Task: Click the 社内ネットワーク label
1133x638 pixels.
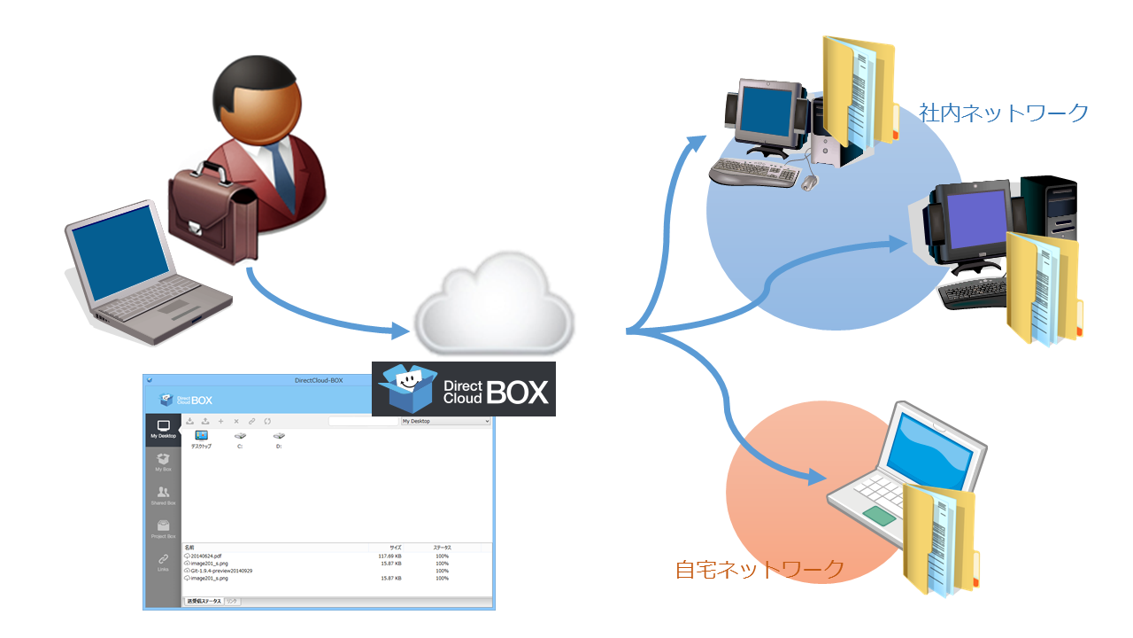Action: coord(1003,113)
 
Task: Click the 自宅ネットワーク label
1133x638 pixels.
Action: coord(759,569)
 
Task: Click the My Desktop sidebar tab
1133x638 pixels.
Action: coord(163,430)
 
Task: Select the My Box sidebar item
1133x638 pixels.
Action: coord(163,463)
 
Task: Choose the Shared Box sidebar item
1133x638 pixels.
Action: coord(163,496)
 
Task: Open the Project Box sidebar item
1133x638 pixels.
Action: coord(163,530)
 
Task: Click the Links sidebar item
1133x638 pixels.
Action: coord(163,563)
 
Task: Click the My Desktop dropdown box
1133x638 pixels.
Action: coord(445,421)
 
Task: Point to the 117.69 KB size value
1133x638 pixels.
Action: coord(389,556)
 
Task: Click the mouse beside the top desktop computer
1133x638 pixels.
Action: coord(808,182)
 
